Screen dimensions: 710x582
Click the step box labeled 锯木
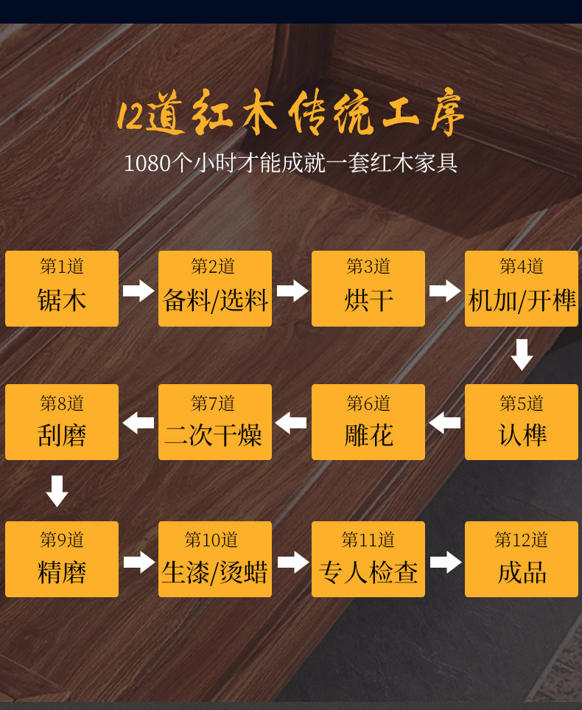(x=62, y=289)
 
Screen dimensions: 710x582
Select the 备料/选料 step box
(x=215, y=289)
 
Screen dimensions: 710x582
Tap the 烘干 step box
(x=368, y=289)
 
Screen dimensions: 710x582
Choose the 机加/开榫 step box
(x=522, y=289)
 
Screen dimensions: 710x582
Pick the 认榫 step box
(x=522, y=422)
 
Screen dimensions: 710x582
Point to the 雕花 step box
(x=368, y=422)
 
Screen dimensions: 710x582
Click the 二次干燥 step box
(x=215, y=422)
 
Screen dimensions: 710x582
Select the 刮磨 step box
(x=62, y=422)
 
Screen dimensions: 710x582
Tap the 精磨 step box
(x=62, y=560)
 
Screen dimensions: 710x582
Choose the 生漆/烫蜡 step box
(x=215, y=560)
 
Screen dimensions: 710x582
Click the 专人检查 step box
(x=368, y=560)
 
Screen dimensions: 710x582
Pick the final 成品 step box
(x=522, y=560)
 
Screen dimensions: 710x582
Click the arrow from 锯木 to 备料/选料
(x=139, y=290)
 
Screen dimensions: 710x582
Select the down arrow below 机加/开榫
(x=522, y=355)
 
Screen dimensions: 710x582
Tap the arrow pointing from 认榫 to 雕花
(x=445, y=423)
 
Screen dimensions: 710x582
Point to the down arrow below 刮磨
(x=57, y=491)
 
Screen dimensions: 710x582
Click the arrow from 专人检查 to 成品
(x=445, y=562)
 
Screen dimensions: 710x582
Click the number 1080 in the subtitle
(x=147, y=163)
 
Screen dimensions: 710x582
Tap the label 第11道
(x=368, y=540)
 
